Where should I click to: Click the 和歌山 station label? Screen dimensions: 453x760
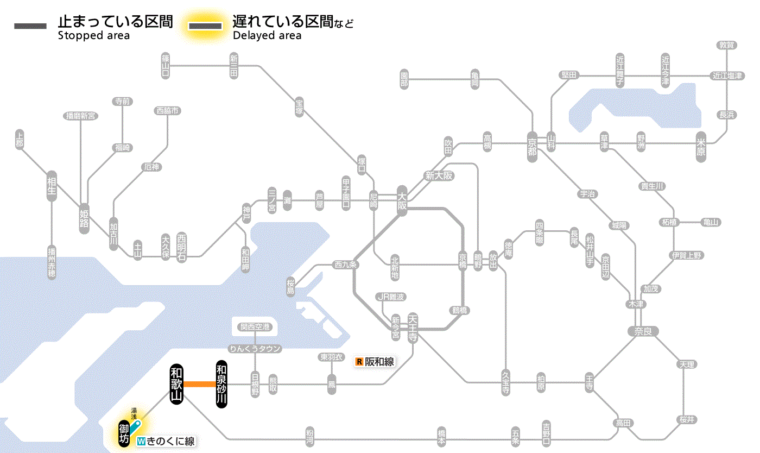176,385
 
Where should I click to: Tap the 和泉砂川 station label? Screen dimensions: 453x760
221,385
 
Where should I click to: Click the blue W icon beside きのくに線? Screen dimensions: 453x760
142,442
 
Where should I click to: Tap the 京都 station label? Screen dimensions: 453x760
532,144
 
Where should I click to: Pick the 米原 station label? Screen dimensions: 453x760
701,147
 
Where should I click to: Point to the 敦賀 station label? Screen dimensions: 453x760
726,45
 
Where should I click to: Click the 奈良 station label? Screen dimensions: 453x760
643,331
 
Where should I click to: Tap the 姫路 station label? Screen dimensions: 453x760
84,218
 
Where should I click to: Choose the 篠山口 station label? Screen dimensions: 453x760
166,65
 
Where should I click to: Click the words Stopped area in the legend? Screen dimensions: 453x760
93,36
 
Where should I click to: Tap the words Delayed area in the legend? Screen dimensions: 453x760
267,36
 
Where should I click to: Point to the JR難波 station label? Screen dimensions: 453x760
391,297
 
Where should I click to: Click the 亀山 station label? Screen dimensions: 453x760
711,222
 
